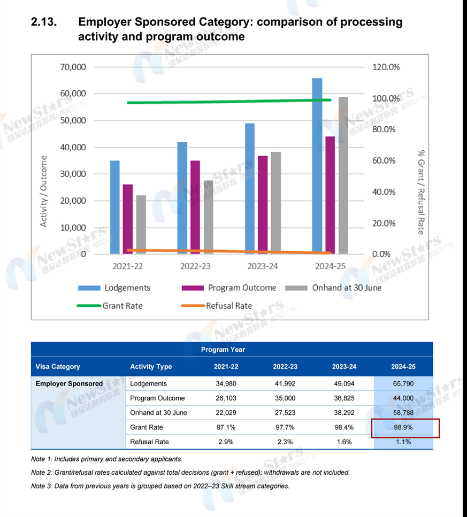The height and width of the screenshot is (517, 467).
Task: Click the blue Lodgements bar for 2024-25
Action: [x=317, y=166]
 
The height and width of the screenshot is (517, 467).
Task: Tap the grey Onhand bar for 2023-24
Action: [x=275, y=203]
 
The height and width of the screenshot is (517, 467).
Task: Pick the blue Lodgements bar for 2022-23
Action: [x=182, y=198]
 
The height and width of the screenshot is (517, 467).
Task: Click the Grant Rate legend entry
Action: [x=110, y=306]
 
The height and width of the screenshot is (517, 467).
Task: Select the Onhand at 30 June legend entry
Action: [x=333, y=288]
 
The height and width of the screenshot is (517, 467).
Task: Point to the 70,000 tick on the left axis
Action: [x=73, y=67]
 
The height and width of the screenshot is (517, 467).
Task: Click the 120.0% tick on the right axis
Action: [x=386, y=67]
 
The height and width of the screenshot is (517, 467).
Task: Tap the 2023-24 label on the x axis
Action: [x=263, y=266]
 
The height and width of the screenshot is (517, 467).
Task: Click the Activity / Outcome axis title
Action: [x=44, y=191]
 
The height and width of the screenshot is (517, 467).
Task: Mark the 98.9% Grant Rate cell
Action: [x=404, y=427]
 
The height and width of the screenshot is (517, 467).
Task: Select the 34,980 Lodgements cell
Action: [x=225, y=383]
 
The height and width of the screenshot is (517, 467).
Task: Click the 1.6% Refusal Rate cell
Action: [x=343, y=442]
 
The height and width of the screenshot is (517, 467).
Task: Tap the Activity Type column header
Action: [x=151, y=367]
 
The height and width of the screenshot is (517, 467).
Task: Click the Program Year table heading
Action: [x=223, y=350]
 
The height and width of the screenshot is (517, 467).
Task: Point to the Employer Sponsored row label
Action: [x=69, y=383]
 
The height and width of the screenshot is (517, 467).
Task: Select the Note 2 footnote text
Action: [x=190, y=473]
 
